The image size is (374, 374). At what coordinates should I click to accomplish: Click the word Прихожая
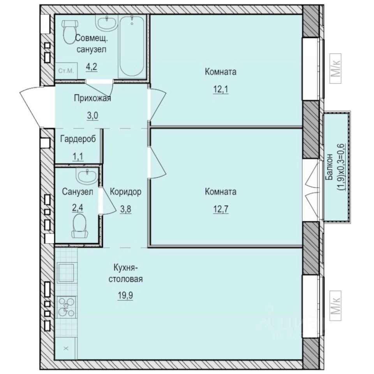[x=92, y=98]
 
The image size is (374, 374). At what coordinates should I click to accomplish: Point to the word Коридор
[x=125, y=192]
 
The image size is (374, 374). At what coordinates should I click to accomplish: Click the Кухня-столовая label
[x=127, y=273]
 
